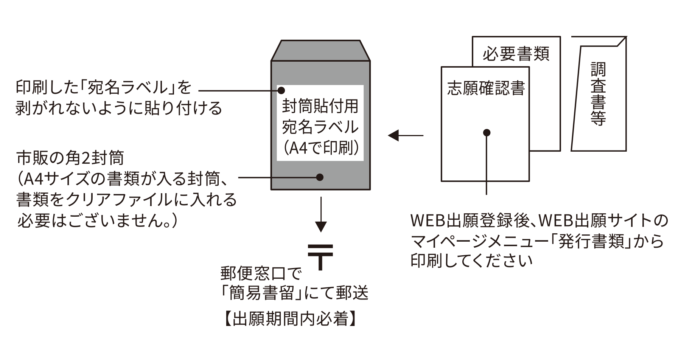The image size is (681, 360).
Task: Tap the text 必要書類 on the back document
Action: click(x=516, y=54)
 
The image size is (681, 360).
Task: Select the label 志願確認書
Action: click(x=486, y=88)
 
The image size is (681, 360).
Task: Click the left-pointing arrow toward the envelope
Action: click(x=405, y=135)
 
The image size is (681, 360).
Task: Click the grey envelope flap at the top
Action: click(x=320, y=50)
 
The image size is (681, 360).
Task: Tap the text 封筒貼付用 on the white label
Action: click(x=320, y=107)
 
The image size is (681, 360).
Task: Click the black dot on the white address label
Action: click(x=281, y=91)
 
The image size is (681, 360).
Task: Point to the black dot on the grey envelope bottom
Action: click(x=320, y=177)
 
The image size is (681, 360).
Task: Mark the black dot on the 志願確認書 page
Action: click(x=487, y=133)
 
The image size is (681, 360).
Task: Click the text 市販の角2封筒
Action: click(x=70, y=158)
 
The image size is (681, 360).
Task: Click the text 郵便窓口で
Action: click(x=261, y=273)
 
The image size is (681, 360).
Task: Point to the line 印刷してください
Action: click(x=472, y=261)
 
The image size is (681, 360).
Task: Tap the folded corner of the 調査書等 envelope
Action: click(x=621, y=41)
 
